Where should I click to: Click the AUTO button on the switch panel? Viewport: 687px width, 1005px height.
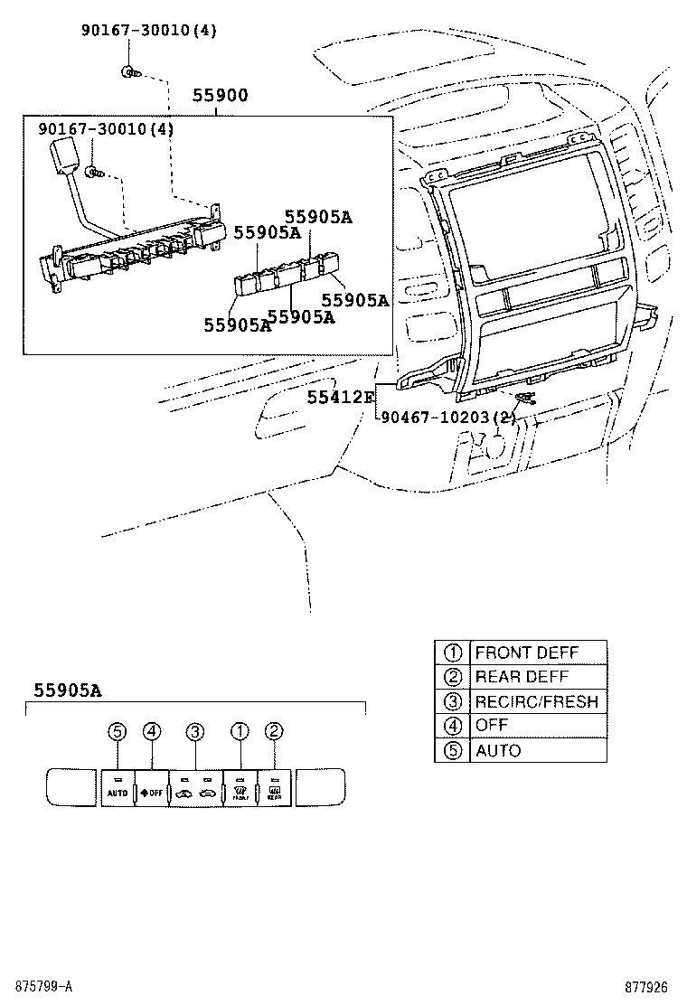click(x=117, y=787)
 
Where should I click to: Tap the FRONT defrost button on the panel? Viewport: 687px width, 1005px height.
click(x=240, y=787)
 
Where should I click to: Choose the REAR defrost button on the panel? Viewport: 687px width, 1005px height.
click(x=275, y=787)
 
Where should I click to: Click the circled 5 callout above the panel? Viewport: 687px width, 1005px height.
click(x=116, y=731)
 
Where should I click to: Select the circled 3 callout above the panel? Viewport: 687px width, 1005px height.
click(x=195, y=731)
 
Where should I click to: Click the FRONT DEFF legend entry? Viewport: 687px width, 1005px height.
click(x=526, y=653)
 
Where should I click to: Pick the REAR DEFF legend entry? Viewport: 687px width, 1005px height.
click(x=521, y=677)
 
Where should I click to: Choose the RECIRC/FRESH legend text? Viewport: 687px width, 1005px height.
click(x=536, y=701)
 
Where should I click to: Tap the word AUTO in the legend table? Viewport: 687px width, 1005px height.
click(x=498, y=750)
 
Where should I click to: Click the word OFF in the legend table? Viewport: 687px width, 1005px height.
click(x=492, y=725)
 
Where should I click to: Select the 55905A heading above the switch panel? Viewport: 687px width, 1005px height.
click(x=67, y=690)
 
